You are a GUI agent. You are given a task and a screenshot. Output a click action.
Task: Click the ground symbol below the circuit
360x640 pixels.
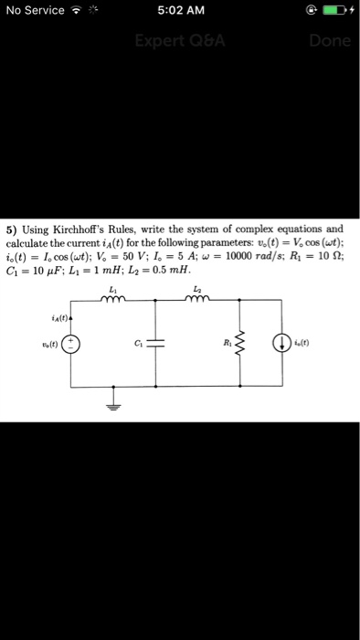(114, 408)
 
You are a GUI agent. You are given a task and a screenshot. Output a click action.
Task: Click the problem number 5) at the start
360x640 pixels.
(12, 229)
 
